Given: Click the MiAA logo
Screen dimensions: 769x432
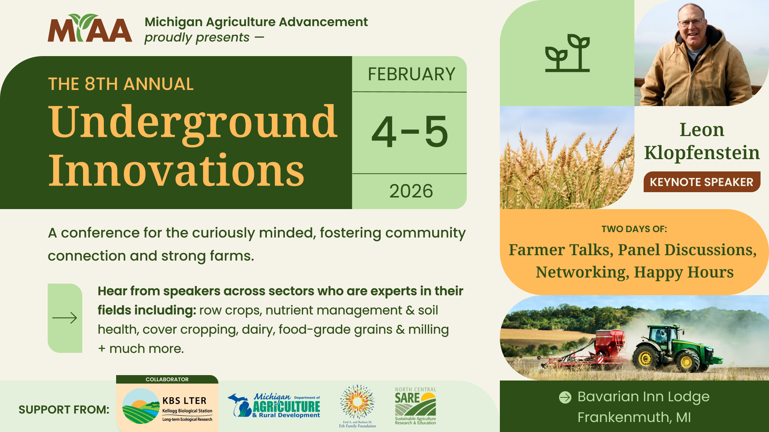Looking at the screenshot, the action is tap(90, 28).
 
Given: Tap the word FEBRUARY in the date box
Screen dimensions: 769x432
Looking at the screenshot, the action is tap(411, 74).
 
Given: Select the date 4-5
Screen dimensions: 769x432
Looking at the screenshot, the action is tap(410, 132).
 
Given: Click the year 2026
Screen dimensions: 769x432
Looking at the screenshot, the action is tap(411, 191).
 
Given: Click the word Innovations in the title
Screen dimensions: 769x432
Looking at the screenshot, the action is tap(176, 170).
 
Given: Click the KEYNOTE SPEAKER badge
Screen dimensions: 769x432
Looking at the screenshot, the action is tap(702, 182).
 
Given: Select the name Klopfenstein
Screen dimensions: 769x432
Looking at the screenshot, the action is tap(702, 153).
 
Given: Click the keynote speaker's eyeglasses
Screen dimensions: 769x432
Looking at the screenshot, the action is tap(692, 22).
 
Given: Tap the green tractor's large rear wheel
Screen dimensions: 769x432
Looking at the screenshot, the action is tap(646, 359).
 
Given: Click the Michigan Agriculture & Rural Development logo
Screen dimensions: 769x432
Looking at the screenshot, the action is tap(274, 405).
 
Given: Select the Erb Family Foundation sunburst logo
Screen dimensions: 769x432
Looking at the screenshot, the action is tap(357, 406).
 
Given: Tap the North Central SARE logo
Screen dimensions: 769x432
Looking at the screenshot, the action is tap(416, 406).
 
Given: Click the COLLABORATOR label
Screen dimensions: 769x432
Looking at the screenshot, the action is tap(167, 379).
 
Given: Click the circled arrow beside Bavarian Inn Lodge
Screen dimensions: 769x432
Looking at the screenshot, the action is tap(565, 397).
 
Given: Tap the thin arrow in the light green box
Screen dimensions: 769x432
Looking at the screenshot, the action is tap(65, 318).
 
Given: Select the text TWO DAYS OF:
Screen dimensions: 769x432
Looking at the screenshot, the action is tap(634, 229).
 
